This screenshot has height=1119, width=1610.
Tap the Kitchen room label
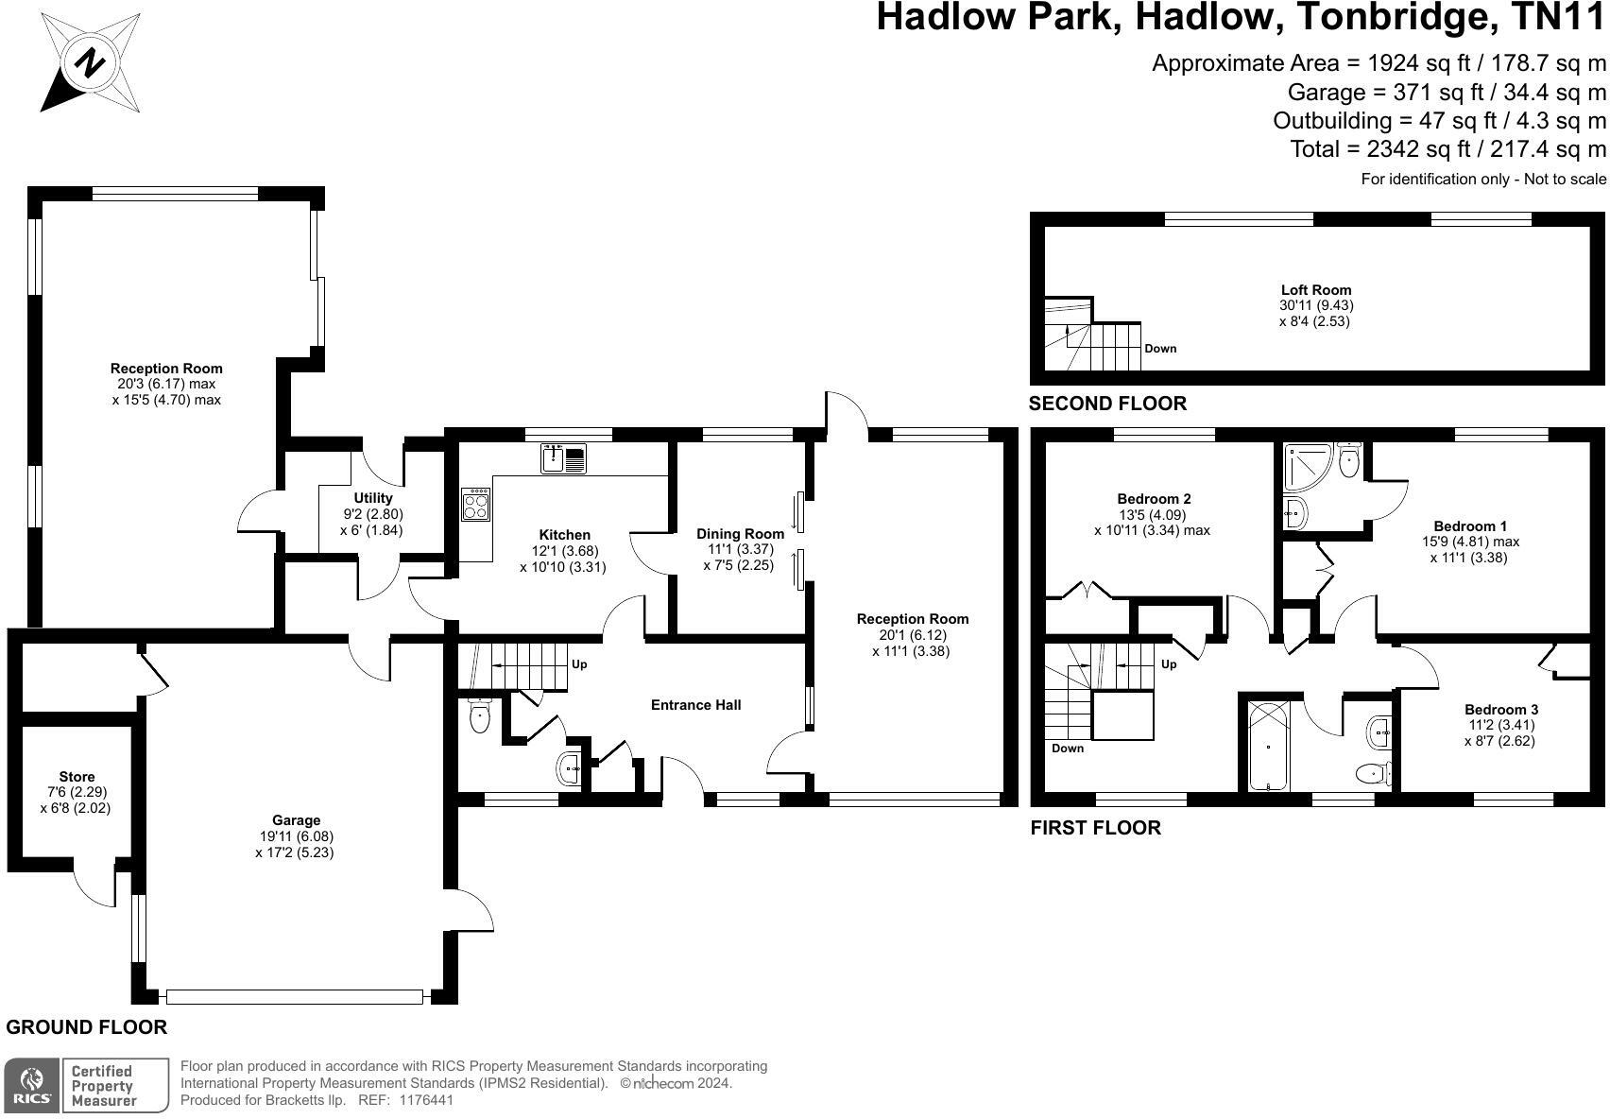[x=564, y=534]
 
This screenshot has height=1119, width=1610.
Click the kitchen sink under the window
[x=563, y=458]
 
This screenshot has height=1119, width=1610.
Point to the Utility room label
[x=373, y=498]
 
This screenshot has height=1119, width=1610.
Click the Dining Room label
[x=740, y=534]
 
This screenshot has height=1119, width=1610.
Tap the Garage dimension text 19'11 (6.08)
[x=296, y=836]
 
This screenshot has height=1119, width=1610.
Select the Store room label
[x=77, y=777]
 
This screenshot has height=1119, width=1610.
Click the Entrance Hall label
[x=695, y=705]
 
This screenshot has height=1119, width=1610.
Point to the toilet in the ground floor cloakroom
[x=479, y=716]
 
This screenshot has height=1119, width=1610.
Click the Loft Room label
[x=1316, y=290]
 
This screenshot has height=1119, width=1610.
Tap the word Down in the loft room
[x=1160, y=349]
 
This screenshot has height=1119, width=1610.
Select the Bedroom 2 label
[x=1154, y=498]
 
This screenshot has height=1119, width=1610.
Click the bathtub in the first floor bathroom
[x=1269, y=746]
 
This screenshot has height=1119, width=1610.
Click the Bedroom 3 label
[x=1499, y=709]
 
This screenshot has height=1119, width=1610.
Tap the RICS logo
[x=31, y=1085]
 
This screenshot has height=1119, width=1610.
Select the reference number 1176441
[x=426, y=1099]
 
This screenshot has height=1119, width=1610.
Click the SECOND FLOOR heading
[x=1107, y=404]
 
